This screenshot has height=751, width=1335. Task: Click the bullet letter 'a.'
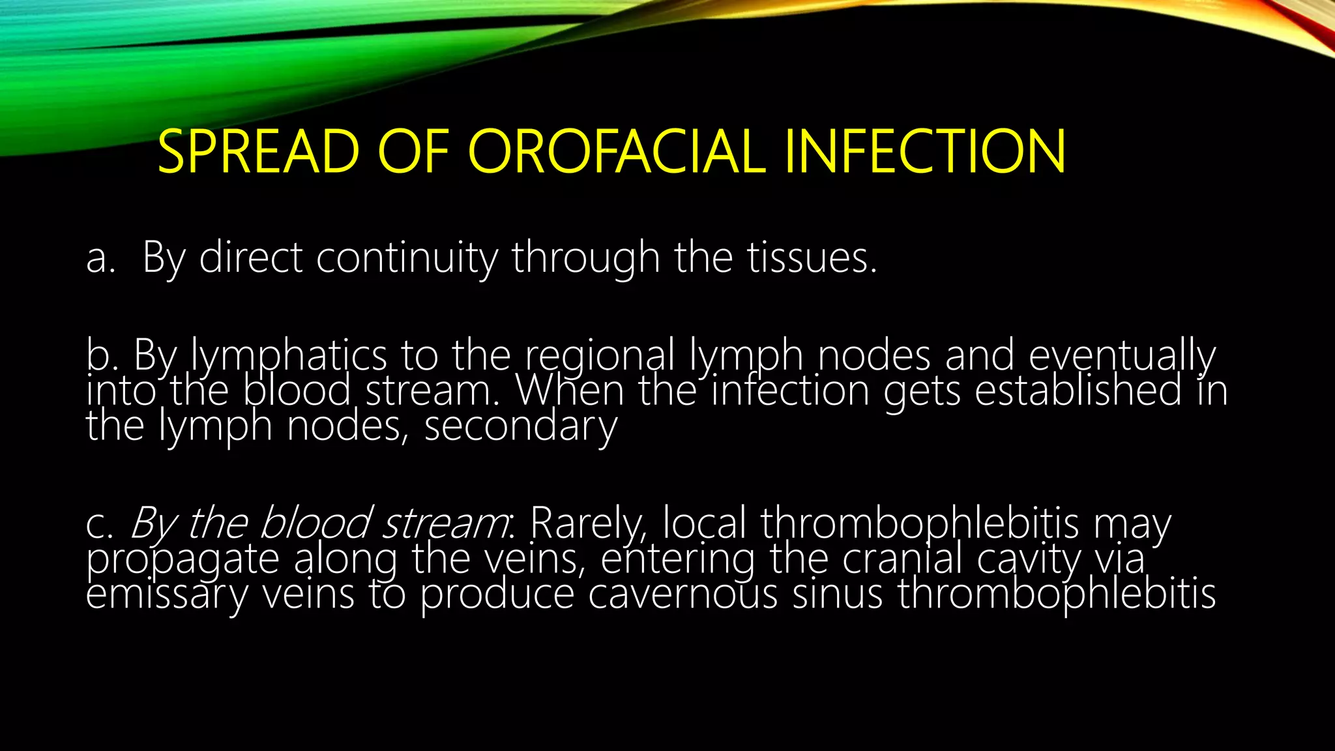coord(100,258)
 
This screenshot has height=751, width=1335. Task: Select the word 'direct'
coord(250,258)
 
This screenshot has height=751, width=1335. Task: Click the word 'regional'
coord(600,356)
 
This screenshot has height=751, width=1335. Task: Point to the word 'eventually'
coord(1121,356)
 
